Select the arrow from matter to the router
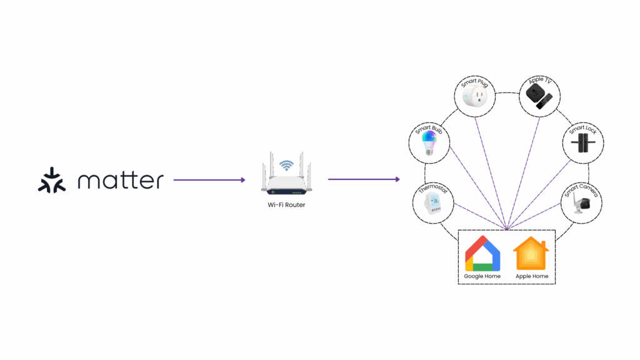[209, 180]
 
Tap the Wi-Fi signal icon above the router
[286, 166]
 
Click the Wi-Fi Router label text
[286, 204]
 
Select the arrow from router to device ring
[364, 180]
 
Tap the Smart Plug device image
[474, 97]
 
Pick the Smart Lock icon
[582, 143]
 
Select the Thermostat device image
[432, 205]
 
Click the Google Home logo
[482, 253]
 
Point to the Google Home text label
[482, 276]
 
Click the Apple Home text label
[532, 276]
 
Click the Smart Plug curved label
[474, 82]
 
